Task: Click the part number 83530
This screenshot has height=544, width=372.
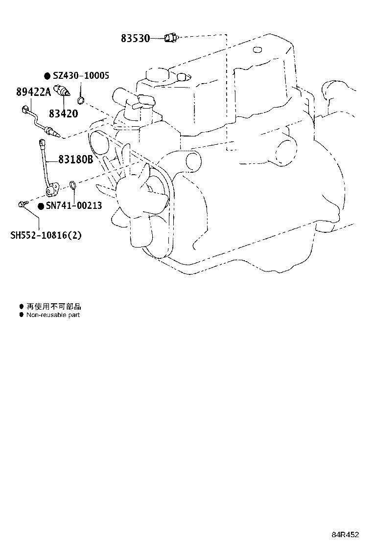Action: (135, 38)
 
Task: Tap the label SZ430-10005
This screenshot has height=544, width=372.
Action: (81, 75)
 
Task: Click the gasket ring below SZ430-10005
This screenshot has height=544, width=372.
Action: (80, 101)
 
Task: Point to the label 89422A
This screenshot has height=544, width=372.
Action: (33, 91)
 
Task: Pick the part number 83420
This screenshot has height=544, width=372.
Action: (64, 113)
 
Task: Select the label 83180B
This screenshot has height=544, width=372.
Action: (76, 159)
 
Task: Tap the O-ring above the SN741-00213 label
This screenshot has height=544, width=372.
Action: (73, 185)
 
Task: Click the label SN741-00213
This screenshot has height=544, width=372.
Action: (74, 206)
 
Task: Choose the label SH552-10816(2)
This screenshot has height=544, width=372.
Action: (46, 235)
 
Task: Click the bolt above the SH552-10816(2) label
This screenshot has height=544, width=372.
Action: (22, 204)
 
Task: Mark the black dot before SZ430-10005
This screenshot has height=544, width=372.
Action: (48, 76)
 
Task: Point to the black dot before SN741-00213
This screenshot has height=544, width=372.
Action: (41, 206)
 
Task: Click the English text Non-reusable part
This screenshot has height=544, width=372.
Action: (53, 315)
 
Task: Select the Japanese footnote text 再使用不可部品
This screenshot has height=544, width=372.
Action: (54, 306)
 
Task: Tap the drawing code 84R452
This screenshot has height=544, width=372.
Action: (345, 534)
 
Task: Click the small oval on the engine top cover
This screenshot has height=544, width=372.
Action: (256, 49)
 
